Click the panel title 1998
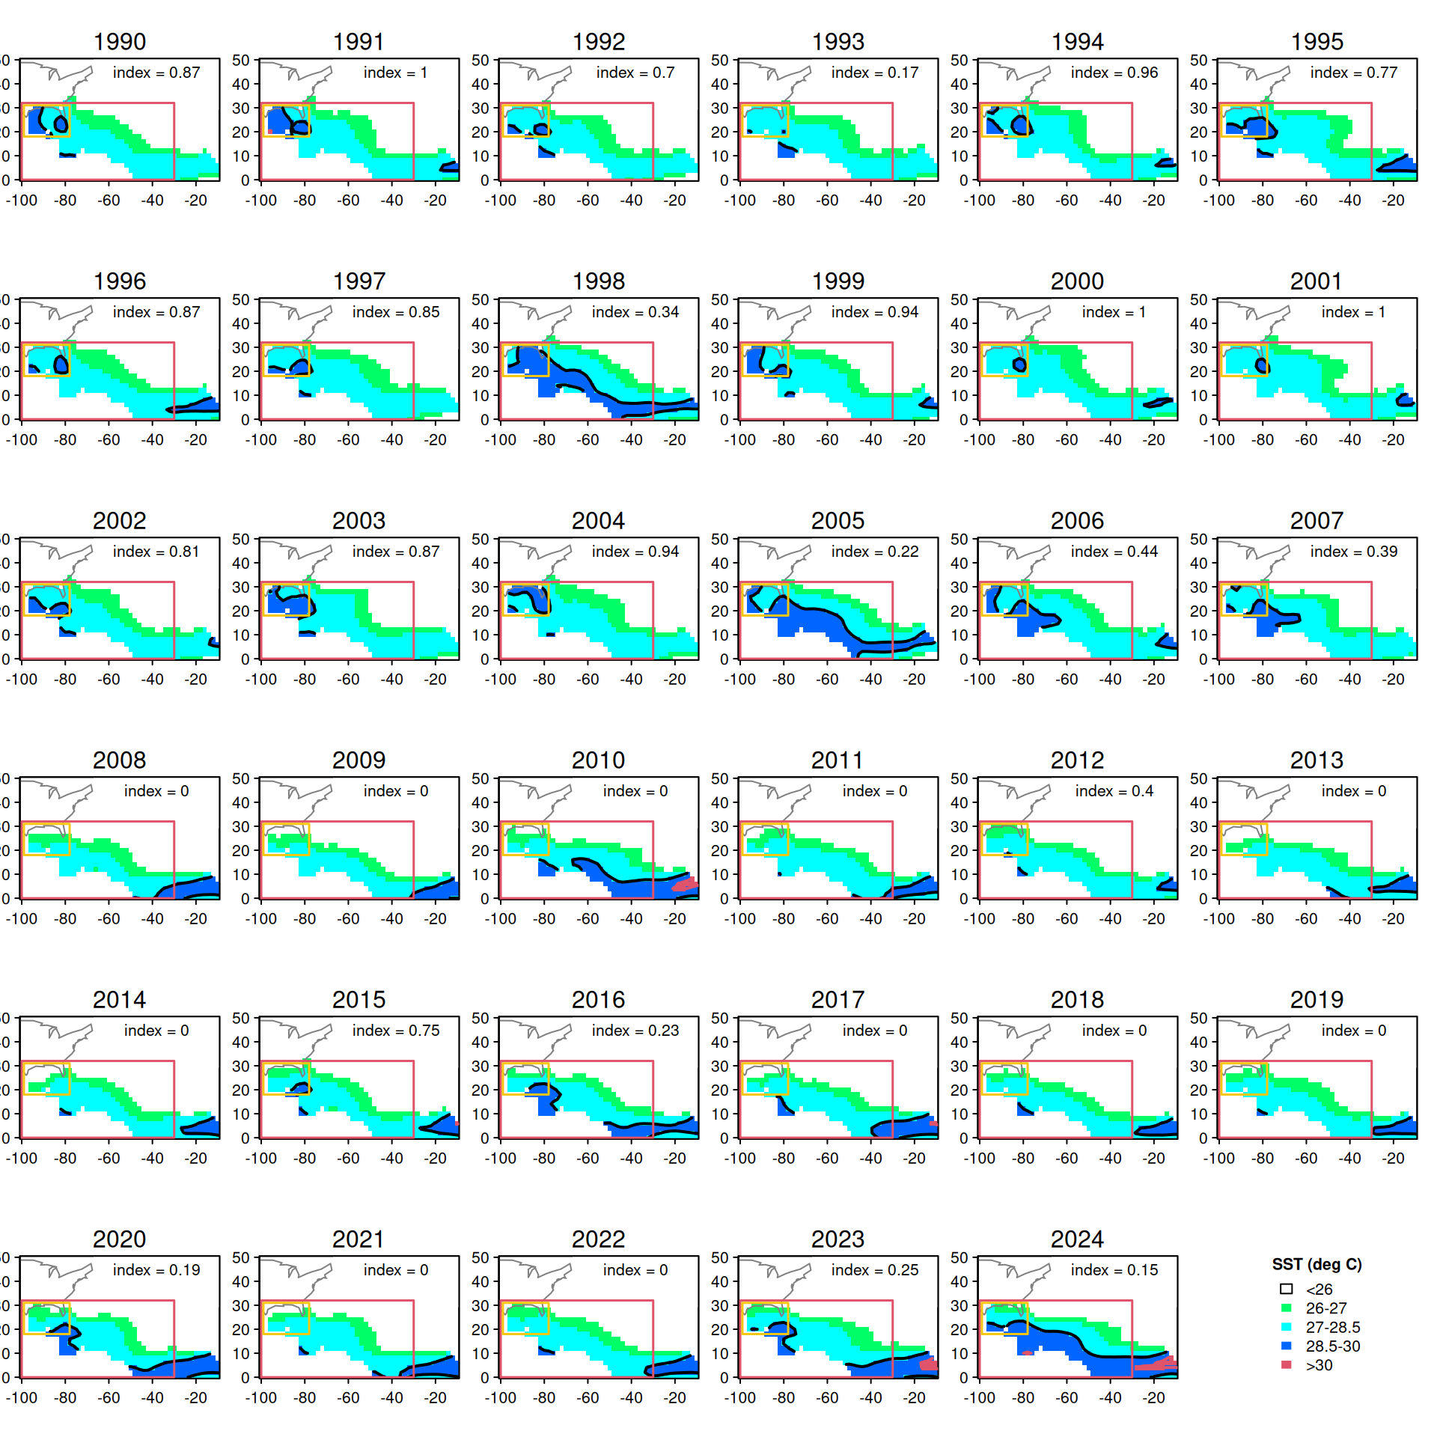coord(598,281)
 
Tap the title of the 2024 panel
coord(1077,1239)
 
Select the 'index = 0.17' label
coord(874,73)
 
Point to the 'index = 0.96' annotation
coord(1114,73)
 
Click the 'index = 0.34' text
coord(635,312)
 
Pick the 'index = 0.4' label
coord(1114,791)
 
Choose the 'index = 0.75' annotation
coord(395,1031)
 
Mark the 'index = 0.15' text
coord(1114,1270)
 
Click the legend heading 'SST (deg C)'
coord(1317,1264)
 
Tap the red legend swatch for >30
coord(1287,1364)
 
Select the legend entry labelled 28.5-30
coord(1332,1346)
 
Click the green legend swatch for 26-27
coord(1287,1308)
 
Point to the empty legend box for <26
coord(1287,1289)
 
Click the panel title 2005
coord(838,521)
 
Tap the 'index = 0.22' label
coord(874,552)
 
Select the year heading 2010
coord(598,760)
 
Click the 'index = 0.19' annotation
coord(156,1270)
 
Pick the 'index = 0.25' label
coord(874,1270)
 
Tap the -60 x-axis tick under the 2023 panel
coord(827,1397)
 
